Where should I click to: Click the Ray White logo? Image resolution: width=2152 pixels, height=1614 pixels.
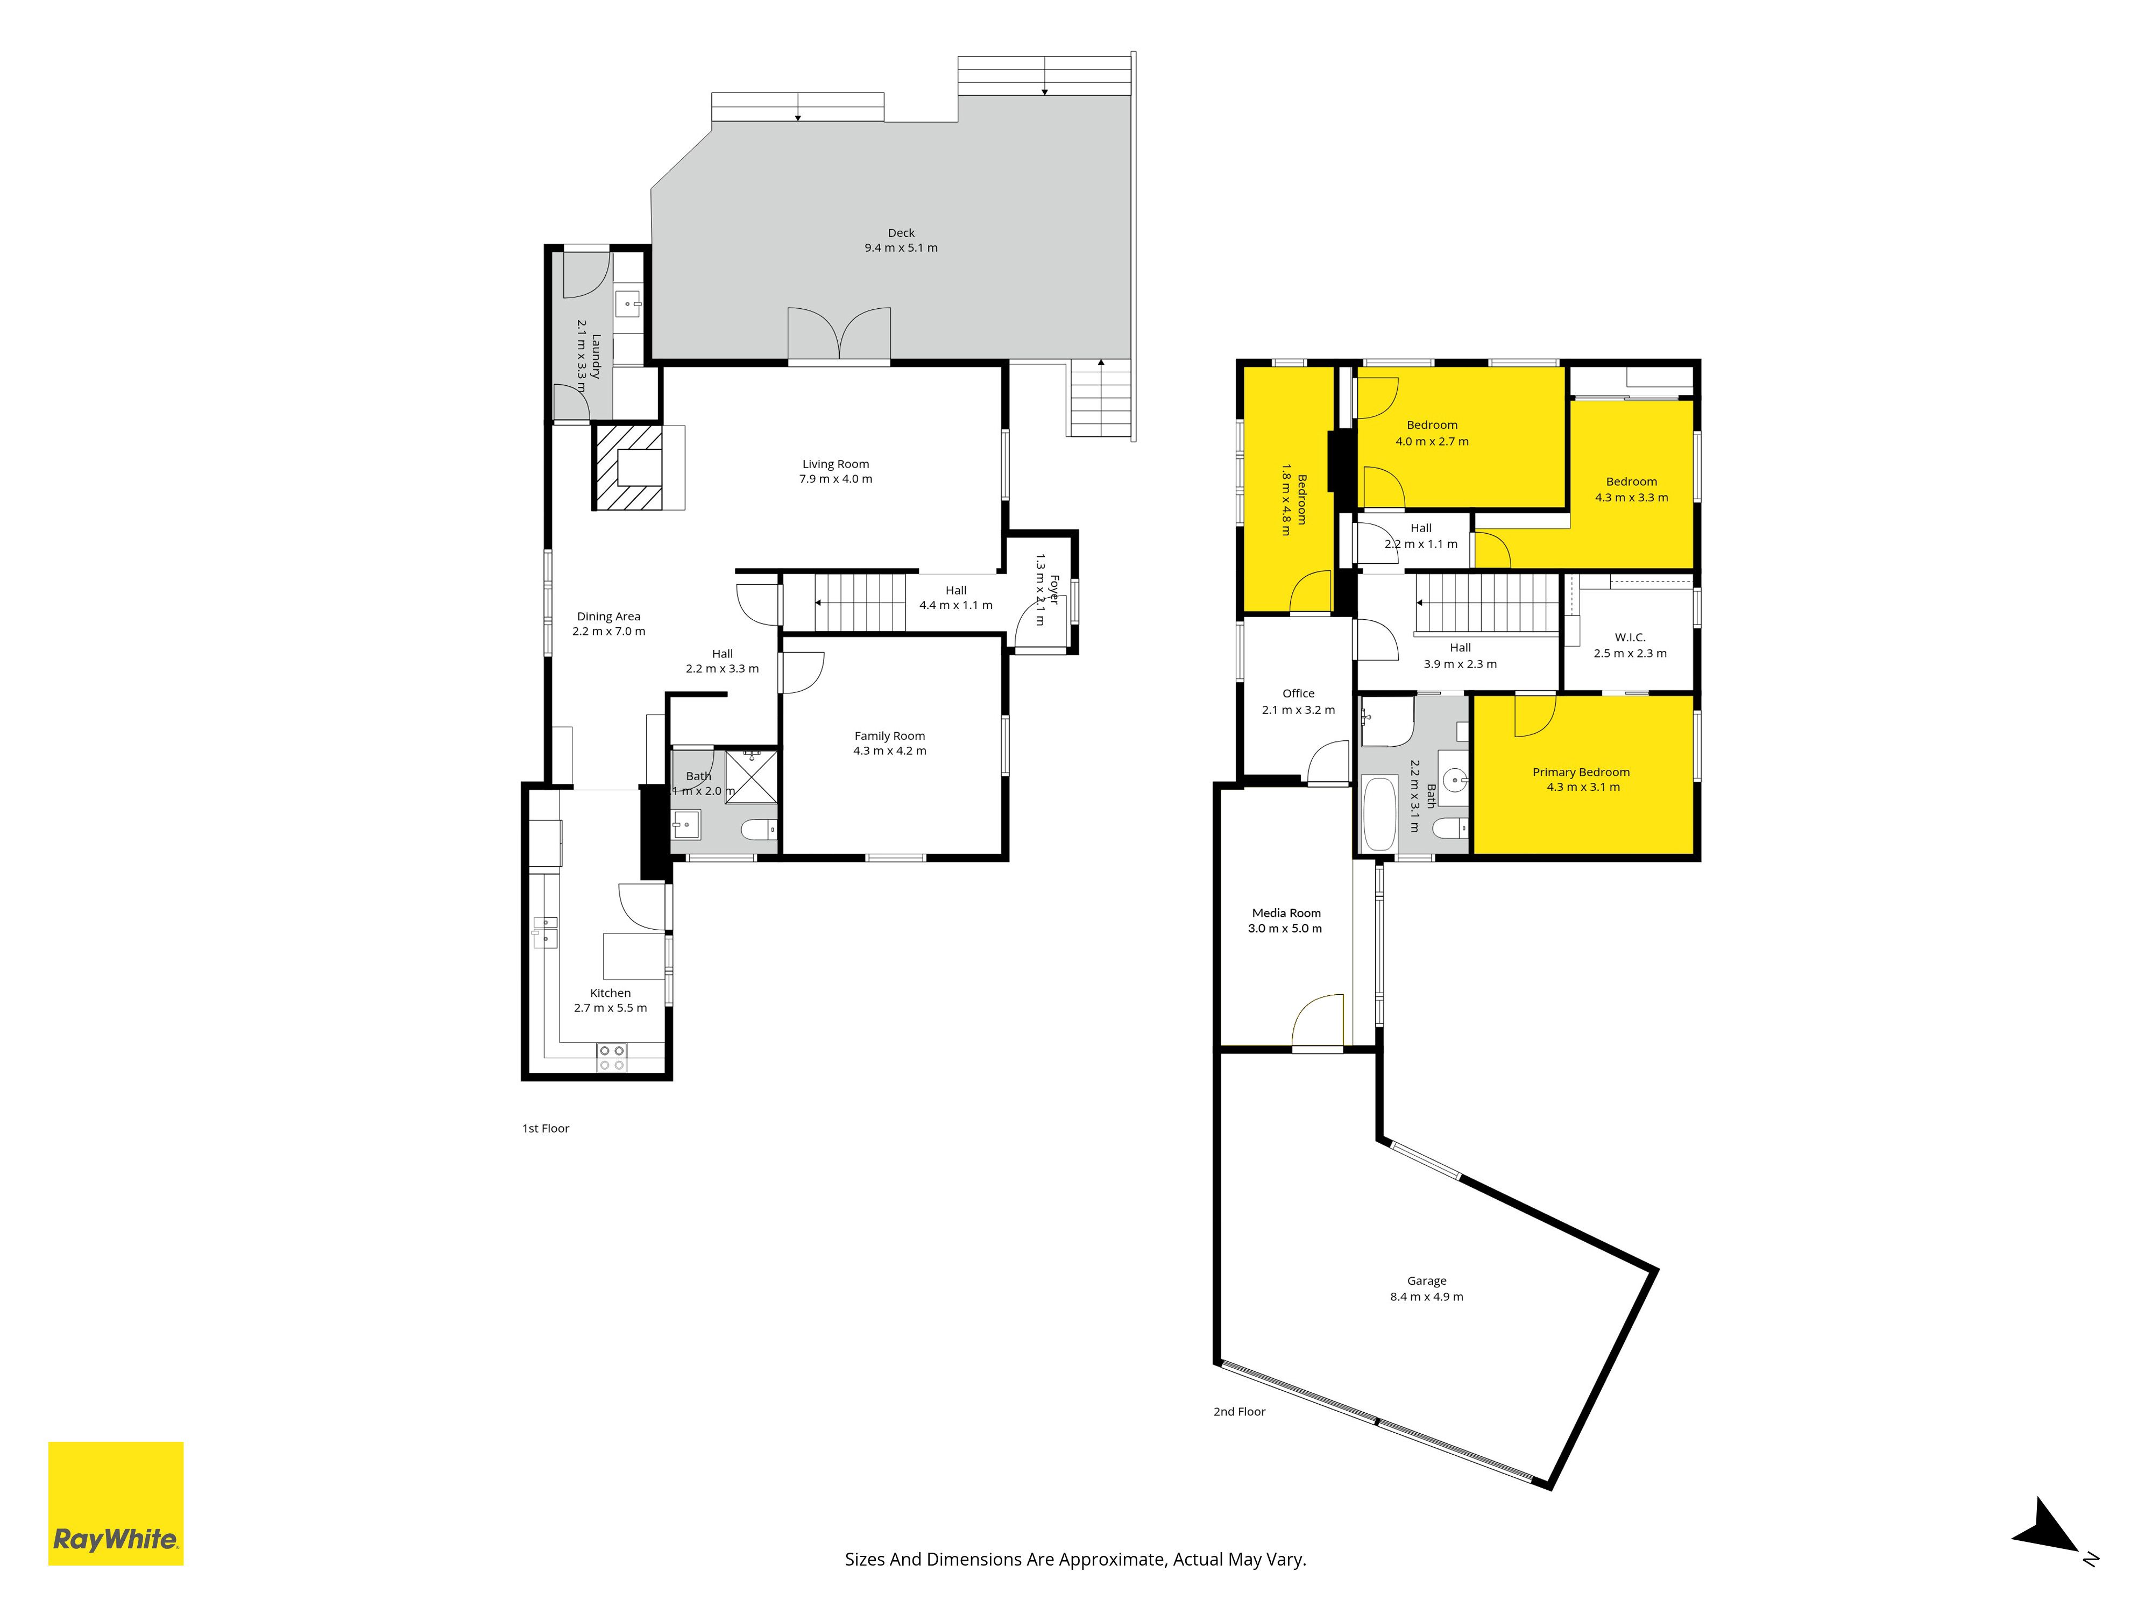tap(116, 1503)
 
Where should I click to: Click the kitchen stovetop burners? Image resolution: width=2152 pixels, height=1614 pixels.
tap(611, 1058)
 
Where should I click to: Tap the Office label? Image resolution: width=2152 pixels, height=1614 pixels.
tap(1298, 693)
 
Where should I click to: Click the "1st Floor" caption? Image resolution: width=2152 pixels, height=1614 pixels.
tap(545, 1129)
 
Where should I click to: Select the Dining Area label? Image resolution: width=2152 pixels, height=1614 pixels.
tap(608, 617)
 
